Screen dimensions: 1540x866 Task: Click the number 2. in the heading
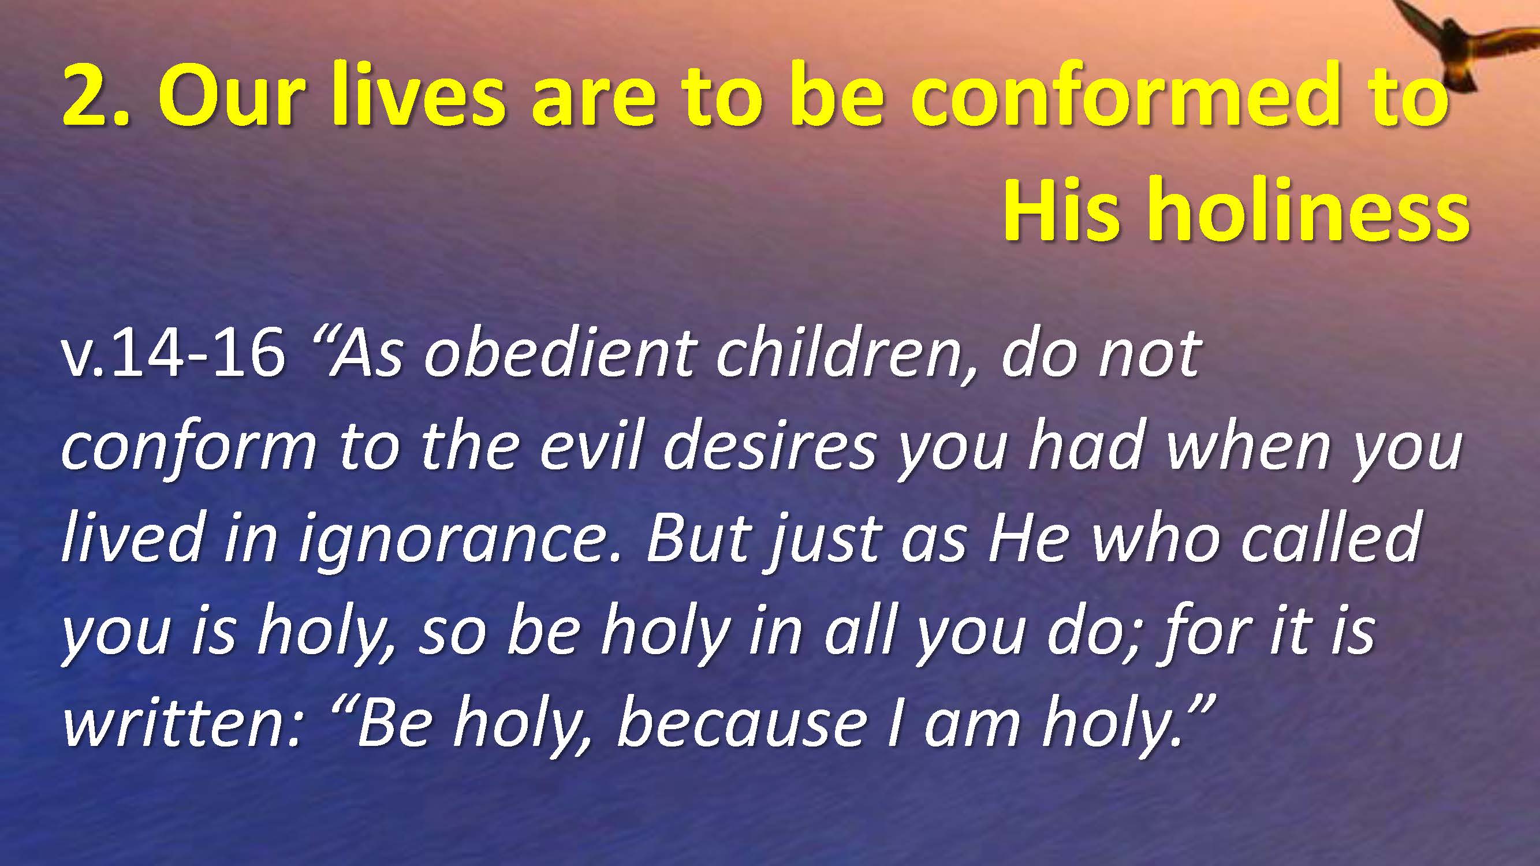click(95, 96)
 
